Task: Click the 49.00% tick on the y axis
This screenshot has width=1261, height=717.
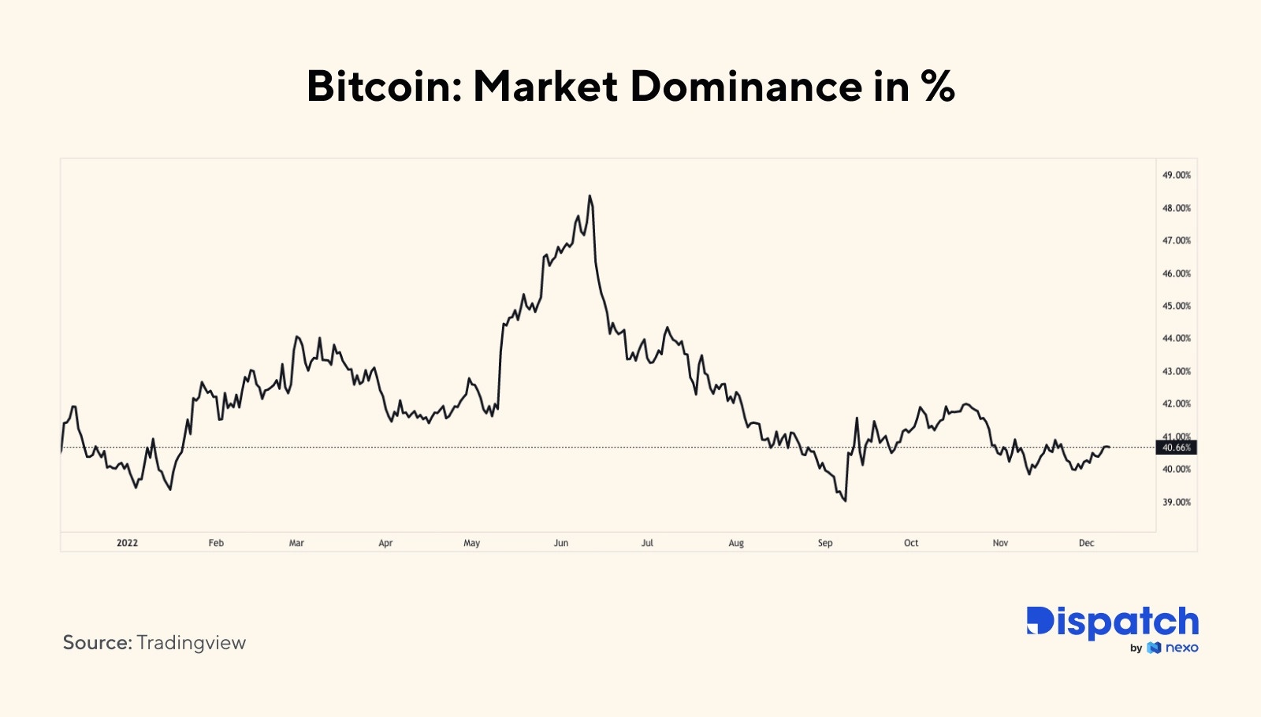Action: [1177, 175]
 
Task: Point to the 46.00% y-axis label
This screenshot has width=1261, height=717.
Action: [1177, 273]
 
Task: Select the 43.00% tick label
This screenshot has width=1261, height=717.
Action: [1177, 371]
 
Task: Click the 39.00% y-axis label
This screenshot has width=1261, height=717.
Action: [1177, 502]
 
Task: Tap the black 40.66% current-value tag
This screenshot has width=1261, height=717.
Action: [1176, 448]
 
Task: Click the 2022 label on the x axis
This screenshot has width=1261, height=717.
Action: [127, 543]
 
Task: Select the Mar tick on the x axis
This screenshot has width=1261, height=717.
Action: [296, 543]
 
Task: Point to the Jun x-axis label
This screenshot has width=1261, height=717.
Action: [561, 543]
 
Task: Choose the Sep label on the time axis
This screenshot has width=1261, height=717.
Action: [825, 543]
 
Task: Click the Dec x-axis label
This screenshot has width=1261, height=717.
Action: [1086, 543]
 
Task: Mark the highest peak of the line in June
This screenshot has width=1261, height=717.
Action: [590, 196]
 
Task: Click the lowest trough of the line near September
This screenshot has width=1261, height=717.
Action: [845, 500]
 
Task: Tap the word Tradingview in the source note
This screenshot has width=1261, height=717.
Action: [192, 643]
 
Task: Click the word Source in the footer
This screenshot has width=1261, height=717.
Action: [96, 643]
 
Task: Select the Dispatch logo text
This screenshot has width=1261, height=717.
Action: [1112, 622]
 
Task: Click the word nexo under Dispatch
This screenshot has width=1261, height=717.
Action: [1181, 648]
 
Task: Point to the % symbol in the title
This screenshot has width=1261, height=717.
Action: [938, 86]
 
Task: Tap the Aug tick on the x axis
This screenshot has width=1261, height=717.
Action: [736, 543]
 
